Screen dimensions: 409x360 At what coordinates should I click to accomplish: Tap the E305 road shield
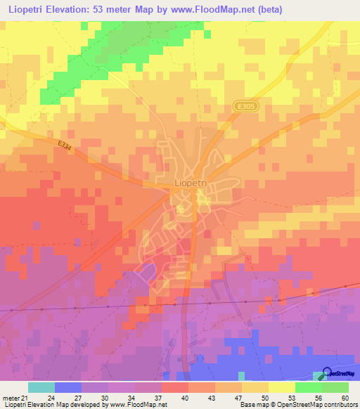pos(244,105)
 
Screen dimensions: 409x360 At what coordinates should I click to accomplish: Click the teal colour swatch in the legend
pos(41,387)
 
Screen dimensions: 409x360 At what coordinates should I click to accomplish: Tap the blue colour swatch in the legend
pos(68,387)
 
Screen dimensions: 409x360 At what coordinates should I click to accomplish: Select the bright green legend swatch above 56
pos(308,387)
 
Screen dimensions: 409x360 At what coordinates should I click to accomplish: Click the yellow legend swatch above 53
pos(281,387)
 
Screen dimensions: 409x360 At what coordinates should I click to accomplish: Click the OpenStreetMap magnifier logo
pos(327,373)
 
